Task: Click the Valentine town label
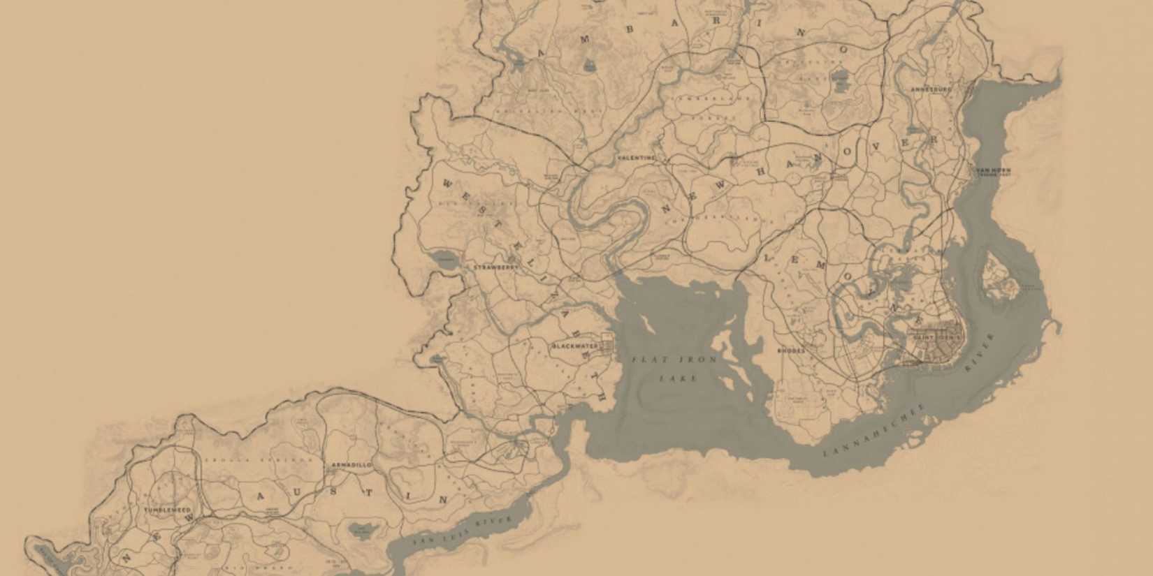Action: coord(637,158)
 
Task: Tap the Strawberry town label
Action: coord(495,267)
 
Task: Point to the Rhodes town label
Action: coord(791,350)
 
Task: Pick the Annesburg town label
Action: coord(931,90)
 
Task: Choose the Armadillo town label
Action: coord(351,465)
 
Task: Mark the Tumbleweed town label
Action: coord(167,510)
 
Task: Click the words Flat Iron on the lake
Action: coord(674,360)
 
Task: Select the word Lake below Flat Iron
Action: coord(678,378)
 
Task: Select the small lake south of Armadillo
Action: coord(361,531)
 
